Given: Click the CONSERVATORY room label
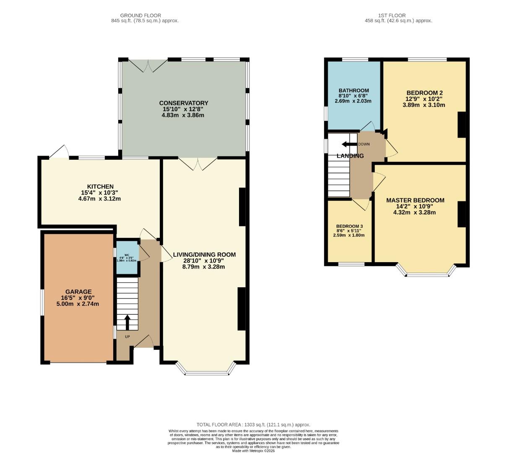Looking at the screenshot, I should (x=183, y=103).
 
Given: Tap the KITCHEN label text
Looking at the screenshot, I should (x=100, y=187).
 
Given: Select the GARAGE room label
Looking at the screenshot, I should (x=78, y=292).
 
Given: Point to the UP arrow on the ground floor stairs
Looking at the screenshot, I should (x=127, y=322).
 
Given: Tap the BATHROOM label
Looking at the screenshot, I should (x=354, y=90).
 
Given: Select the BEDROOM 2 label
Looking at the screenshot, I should (x=424, y=93).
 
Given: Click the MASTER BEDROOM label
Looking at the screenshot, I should (x=415, y=200).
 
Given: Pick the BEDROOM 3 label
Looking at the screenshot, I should (x=349, y=226).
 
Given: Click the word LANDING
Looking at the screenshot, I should (x=350, y=156).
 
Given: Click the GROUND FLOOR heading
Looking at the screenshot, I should (x=140, y=16).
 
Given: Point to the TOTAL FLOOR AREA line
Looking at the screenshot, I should (x=253, y=424).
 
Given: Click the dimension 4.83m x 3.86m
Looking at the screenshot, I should (x=183, y=115).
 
